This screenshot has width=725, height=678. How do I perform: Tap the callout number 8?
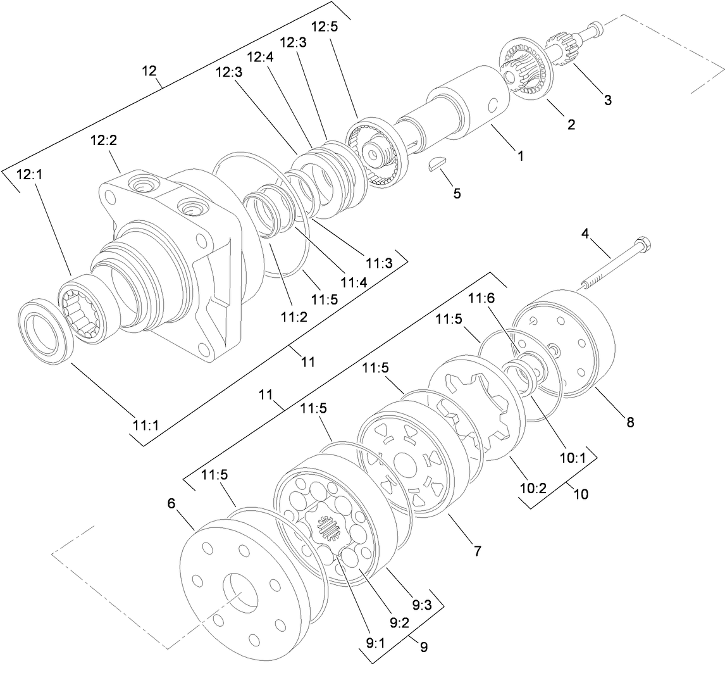[629, 422]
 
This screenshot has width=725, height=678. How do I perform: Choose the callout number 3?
[607, 100]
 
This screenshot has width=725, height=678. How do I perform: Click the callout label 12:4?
[260, 57]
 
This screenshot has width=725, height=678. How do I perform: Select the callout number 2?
[571, 125]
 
